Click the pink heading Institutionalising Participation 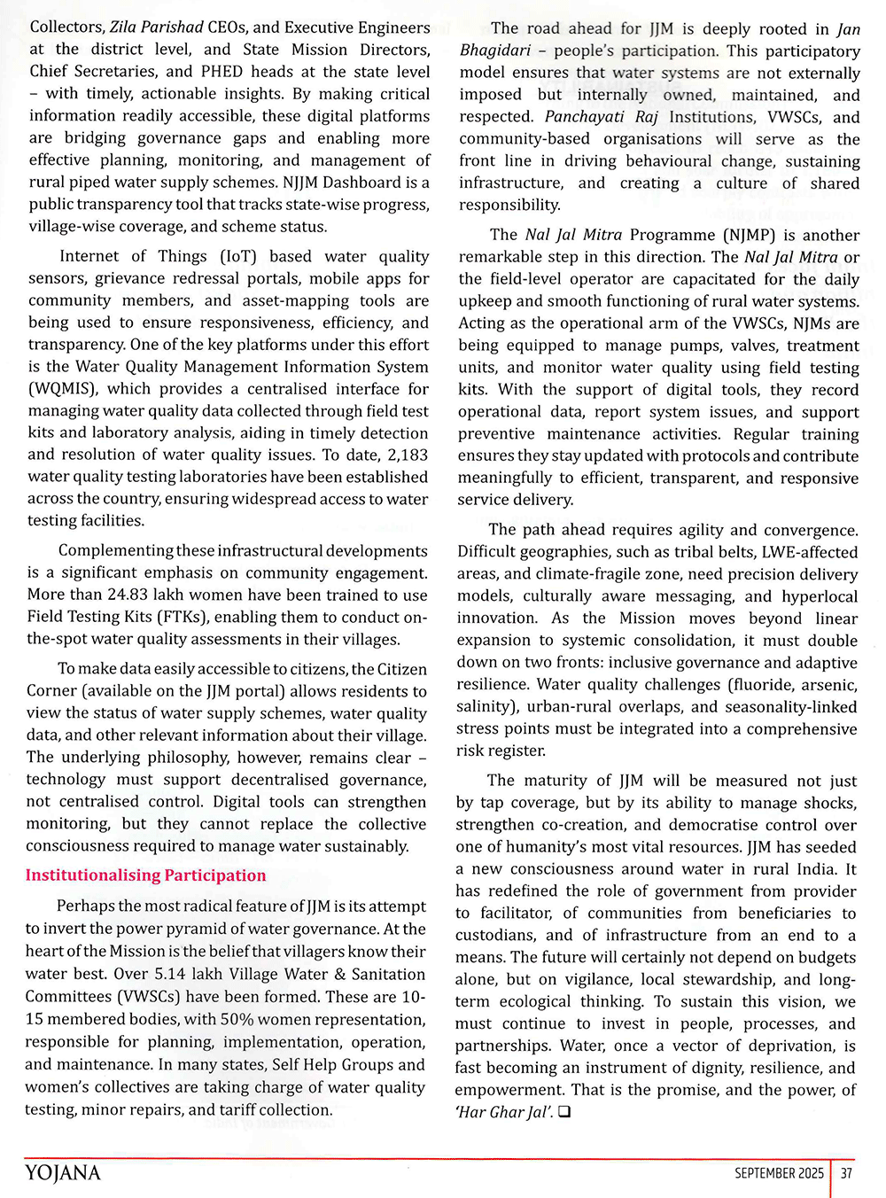145,875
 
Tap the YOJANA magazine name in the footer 63,1173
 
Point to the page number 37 846,1173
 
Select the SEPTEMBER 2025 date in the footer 779,1173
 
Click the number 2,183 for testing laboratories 400,455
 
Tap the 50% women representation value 237,1020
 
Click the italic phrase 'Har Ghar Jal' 503,1112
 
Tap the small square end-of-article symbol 564,1112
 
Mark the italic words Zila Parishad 157,27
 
